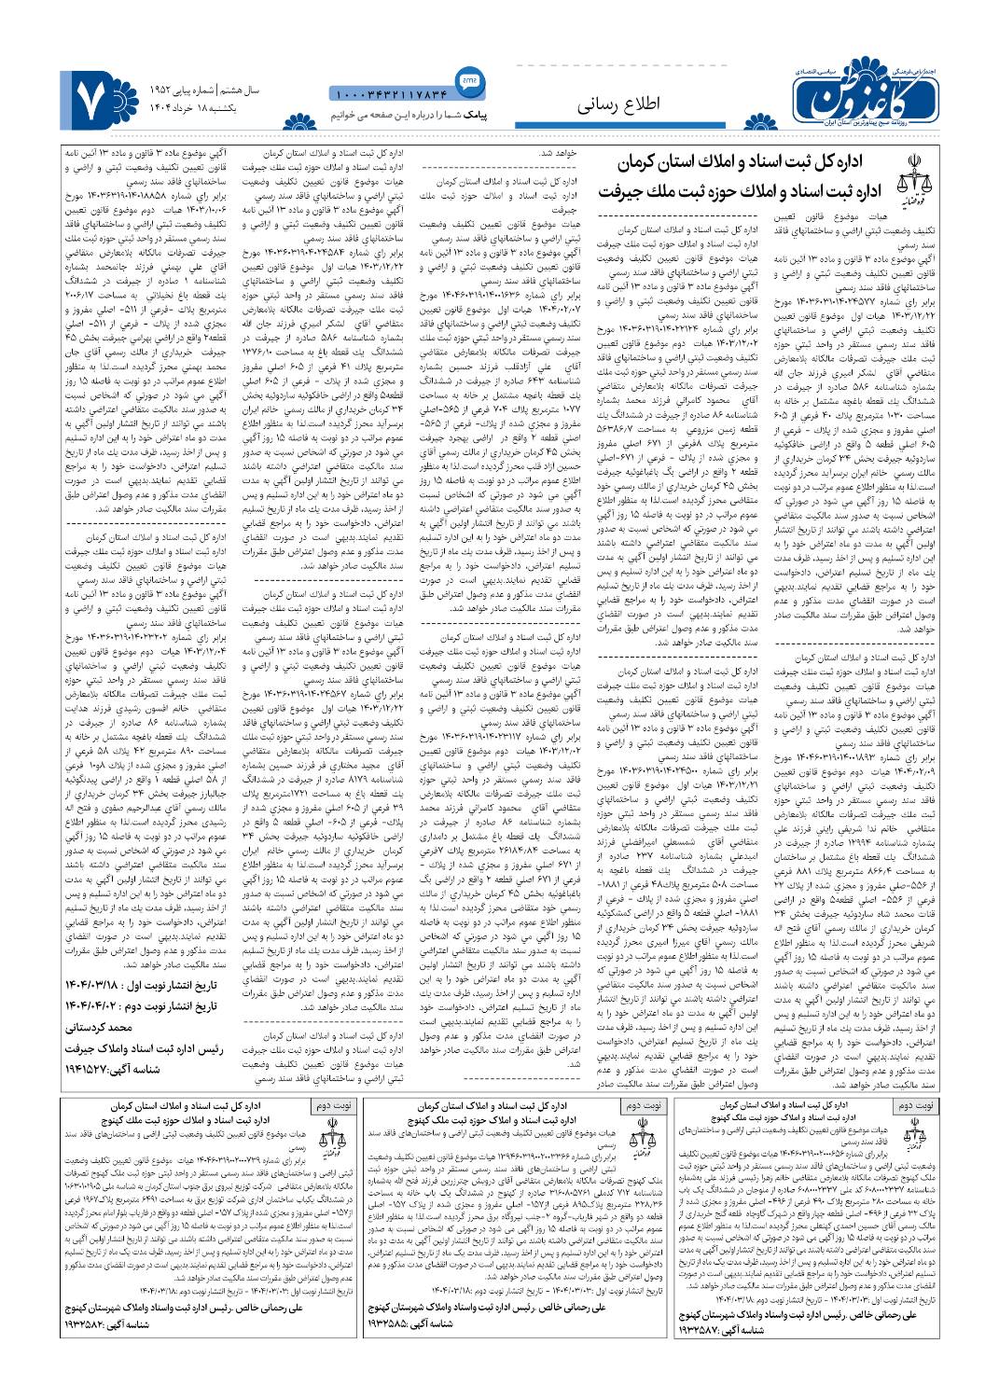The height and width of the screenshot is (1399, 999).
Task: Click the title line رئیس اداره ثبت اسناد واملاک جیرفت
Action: click(x=138, y=1048)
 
